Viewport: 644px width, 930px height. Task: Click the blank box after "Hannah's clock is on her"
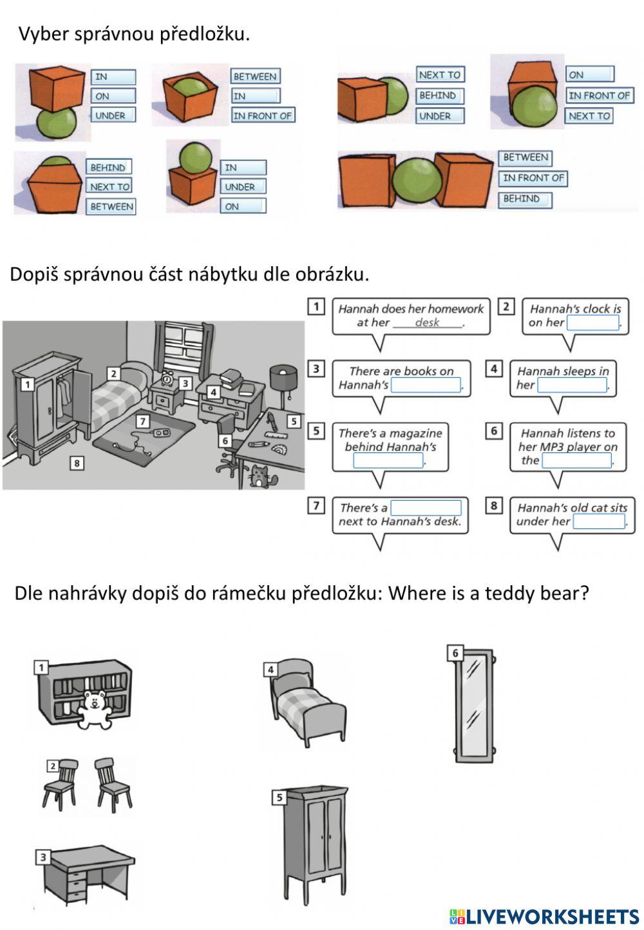(592, 323)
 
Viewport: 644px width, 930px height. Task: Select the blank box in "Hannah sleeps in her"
(572, 385)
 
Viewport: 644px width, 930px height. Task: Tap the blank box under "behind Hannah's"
(388, 461)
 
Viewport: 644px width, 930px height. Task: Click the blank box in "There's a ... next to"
(426, 508)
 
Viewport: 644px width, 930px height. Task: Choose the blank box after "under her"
(598, 521)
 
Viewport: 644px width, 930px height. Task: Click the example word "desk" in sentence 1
(428, 323)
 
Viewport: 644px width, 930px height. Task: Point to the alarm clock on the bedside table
(167, 378)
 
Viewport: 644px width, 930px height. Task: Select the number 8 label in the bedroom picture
(77, 463)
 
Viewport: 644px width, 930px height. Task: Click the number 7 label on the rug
(143, 421)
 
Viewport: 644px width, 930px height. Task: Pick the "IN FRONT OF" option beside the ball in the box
(263, 116)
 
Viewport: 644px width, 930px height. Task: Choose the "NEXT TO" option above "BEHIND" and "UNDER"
(440, 75)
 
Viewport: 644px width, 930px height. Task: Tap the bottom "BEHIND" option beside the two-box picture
(524, 199)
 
